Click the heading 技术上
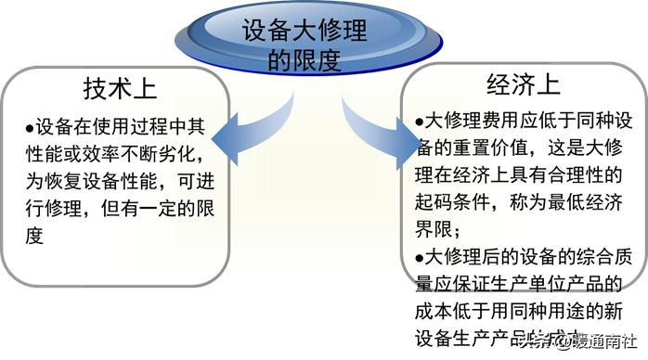(121, 89)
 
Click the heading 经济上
(524, 86)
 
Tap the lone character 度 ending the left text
(34, 236)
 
